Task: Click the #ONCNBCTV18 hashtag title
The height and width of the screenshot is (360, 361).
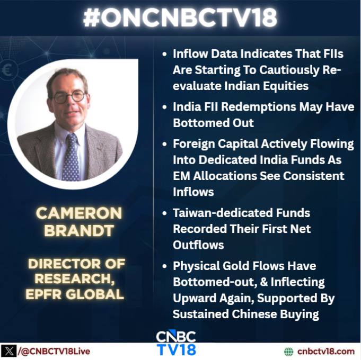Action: point(180,17)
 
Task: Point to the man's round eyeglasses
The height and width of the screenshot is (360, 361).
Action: point(68,96)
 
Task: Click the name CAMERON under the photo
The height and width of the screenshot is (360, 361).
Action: point(79,213)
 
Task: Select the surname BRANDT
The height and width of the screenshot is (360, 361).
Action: point(79,230)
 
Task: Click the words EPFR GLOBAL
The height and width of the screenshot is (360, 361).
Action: point(75,294)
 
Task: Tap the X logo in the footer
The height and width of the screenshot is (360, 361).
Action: point(8,352)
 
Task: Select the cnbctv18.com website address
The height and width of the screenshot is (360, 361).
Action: point(326,351)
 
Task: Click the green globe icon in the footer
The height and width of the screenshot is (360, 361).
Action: point(289,352)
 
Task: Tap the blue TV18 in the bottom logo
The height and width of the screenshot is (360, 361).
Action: point(177,349)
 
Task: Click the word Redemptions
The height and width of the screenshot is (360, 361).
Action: point(259,107)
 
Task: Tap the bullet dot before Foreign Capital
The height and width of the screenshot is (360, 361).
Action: point(164,144)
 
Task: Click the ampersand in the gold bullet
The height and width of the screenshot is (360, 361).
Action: point(264,282)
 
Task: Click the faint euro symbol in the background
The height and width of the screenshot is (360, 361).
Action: point(7,70)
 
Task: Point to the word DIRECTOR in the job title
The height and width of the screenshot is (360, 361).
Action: point(64,264)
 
